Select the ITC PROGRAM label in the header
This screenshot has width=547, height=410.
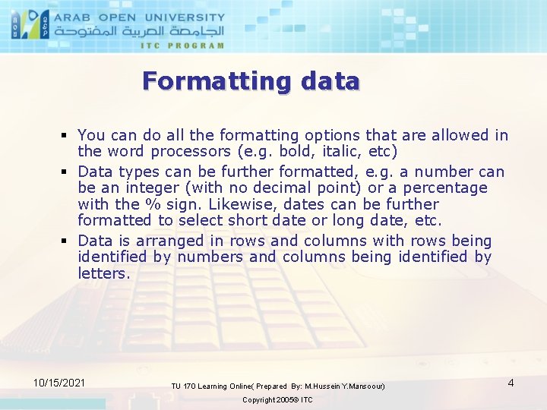(x=182, y=46)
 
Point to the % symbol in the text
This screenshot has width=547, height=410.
(x=152, y=205)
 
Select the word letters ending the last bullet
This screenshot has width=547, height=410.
(x=103, y=274)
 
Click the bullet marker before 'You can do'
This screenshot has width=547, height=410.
(x=66, y=136)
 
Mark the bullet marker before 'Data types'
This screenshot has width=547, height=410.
(x=66, y=172)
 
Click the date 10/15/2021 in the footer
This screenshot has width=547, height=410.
(x=59, y=383)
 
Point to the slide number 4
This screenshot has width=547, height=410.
(x=511, y=383)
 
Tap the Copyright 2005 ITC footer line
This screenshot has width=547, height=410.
(x=277, y=400)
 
